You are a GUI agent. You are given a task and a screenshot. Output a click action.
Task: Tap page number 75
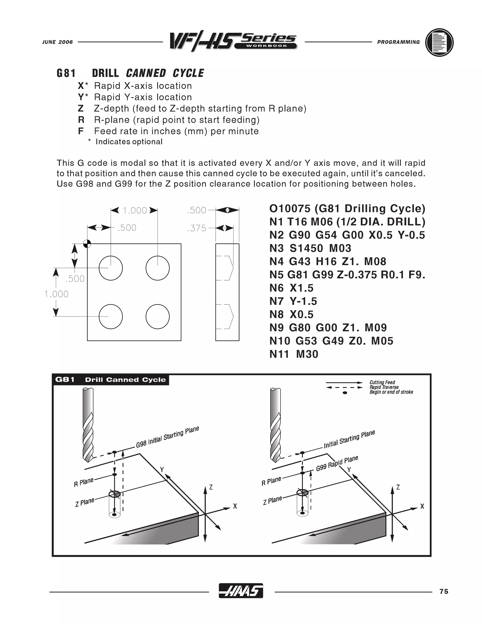pos(444,592)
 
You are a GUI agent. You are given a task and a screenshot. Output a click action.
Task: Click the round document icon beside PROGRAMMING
pos(439,43)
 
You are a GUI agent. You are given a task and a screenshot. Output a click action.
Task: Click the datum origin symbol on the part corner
pos(87,244)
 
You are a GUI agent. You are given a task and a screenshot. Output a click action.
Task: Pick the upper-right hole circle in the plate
pos(158,268)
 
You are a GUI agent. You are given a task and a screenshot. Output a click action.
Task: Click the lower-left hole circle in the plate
pos(111,316)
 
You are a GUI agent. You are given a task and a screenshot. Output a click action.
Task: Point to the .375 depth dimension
pos(197,228)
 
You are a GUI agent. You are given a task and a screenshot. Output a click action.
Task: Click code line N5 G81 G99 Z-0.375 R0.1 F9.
pos(347,275)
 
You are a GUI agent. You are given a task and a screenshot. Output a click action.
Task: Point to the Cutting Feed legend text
pos(382,382)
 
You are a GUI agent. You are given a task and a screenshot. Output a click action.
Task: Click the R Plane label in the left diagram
pos(83,482)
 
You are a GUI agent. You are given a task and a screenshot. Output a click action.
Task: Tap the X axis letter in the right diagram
pos(422,506)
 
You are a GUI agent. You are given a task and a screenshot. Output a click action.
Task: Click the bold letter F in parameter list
pos(81,131)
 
